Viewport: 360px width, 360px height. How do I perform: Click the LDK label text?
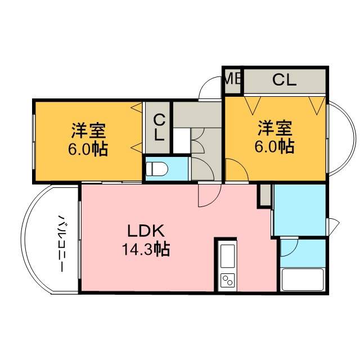[x=146, y=231]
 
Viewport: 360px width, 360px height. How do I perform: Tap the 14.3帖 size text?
[x=146, y=249]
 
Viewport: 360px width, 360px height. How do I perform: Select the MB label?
[x=232, y=79]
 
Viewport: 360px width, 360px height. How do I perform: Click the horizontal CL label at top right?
[x=284, y=80]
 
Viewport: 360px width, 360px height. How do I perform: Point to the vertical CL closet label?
[x=159, y=128]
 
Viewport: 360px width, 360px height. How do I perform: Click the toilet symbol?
[x=157, y=169]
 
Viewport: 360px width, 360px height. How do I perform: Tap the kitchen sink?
[x=227, y=256]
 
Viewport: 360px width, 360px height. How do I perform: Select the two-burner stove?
[x=227, y=280]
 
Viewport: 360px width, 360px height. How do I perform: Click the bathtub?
[x=303, y=280]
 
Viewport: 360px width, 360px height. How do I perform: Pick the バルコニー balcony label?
[x=61, y=244]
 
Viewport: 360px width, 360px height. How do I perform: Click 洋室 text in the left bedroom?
[x=88, y=130]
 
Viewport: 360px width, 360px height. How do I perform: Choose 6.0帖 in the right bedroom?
[x=274, y=146]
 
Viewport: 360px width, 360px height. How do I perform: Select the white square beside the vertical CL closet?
[x=181, y=141]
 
